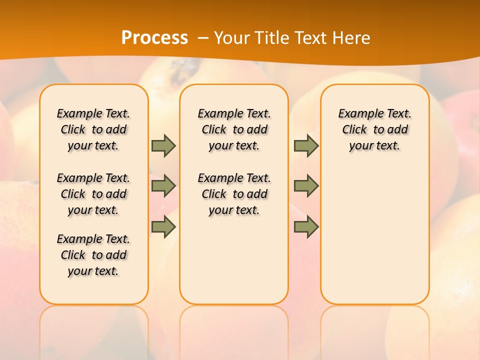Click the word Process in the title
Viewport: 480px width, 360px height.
(154, 37)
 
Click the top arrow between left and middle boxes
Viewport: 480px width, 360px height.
(163, 145)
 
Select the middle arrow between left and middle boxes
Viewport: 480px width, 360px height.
(163, 186)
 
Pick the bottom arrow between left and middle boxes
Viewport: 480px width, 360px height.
(163, 227)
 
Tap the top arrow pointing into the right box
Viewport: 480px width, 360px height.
(306, 145)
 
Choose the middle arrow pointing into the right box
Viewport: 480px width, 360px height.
(306, 186)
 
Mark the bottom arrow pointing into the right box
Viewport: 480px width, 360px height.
(306, 227)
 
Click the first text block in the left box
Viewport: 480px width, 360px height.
(93, 129)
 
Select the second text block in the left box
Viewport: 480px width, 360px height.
(93, 194)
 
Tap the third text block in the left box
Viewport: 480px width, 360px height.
(93, 255)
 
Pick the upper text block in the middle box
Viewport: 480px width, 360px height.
(234, 129)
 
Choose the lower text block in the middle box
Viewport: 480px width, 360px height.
(234, 194)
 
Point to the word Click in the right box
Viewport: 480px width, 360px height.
(354, 130)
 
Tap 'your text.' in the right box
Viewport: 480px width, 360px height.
(374, 146)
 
